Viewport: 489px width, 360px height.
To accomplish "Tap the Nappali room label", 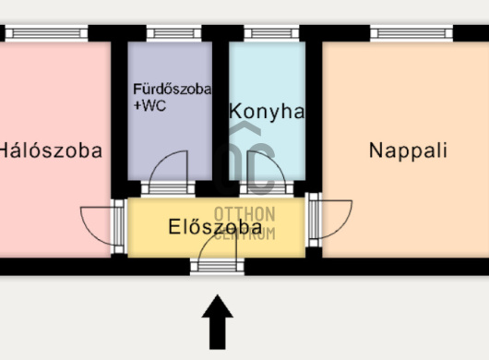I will click(408, 150).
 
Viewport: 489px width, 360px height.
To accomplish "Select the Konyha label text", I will click(266, 112).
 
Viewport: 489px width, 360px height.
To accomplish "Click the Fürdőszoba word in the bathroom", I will click(172, 90).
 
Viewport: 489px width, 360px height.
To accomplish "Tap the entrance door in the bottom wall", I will click(217, 267).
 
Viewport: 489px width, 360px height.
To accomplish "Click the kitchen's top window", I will click(267, 33).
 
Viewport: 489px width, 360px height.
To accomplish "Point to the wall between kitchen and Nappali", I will click(314, 111).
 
